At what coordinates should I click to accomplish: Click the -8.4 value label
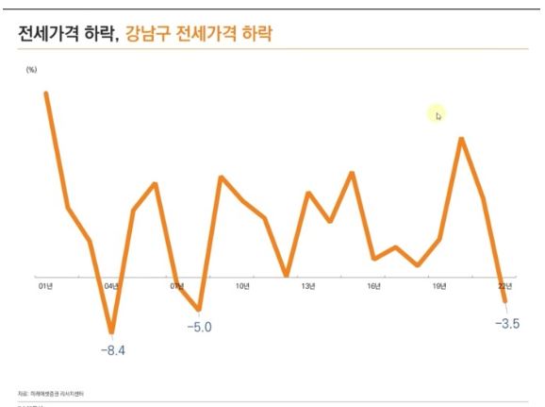113,350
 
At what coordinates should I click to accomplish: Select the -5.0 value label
199,327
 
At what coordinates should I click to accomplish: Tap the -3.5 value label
507,324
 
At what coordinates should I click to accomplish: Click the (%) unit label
31,70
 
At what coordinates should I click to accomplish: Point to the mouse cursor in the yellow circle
438,115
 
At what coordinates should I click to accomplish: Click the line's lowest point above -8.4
112,332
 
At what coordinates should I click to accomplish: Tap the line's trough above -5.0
199,309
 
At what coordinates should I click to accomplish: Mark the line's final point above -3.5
505,300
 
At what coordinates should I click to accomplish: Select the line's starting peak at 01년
45,93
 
